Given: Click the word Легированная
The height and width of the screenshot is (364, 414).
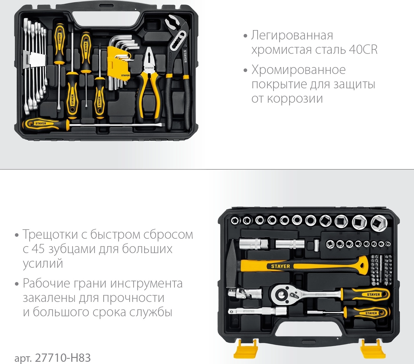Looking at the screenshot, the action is click(292, 35).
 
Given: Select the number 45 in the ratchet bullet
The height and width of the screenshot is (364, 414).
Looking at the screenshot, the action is click(38, 249).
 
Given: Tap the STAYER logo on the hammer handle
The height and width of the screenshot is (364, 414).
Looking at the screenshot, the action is click(280, 266).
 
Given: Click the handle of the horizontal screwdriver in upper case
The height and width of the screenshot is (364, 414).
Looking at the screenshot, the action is click(46, 124).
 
